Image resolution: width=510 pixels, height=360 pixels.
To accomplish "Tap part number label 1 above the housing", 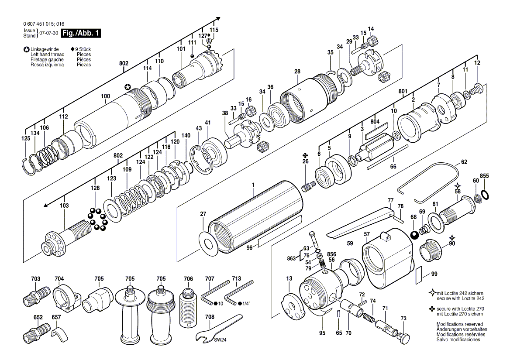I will click(252, 185).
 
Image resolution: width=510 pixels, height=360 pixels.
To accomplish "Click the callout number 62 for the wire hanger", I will click(464, 162).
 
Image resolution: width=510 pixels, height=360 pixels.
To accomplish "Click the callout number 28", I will click(297, 71).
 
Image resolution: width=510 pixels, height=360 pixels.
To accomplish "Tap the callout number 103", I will click(64, 205).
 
